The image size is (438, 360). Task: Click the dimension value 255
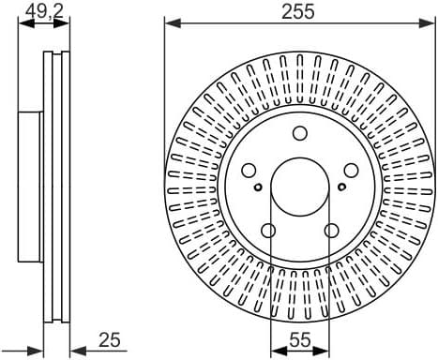pos(298,11)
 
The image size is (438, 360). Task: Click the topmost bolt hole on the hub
pos(299,134)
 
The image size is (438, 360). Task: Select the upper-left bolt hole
pos(249,171)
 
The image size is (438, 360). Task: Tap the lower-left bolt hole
pos(268,231)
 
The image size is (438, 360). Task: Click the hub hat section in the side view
pos(31,187)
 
